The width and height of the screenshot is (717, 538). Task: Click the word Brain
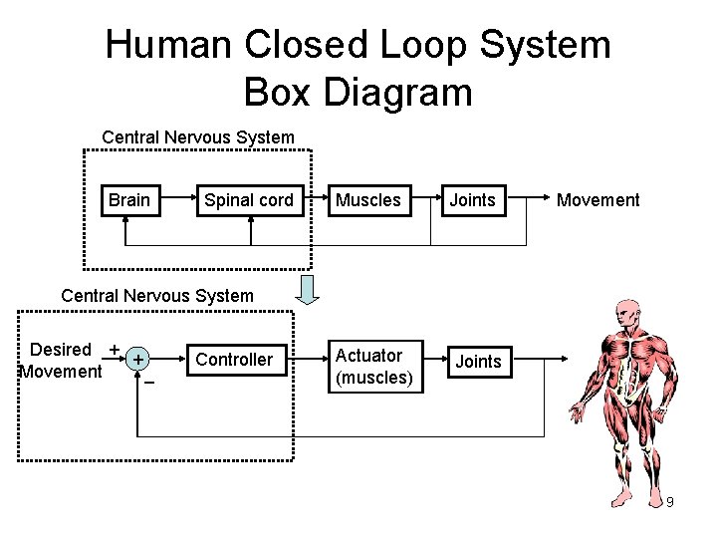tap(129, 200)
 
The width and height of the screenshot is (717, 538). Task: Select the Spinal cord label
tap(248, 200)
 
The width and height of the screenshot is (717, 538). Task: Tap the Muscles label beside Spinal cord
tap(367, 200)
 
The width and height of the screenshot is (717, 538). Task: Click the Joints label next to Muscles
tap(472, 200)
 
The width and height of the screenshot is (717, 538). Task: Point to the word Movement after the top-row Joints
tap(597, 200)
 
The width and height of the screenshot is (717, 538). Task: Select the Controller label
tap(235, 360)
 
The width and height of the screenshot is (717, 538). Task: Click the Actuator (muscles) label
tap(373, 367)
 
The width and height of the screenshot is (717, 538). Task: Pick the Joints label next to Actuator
tap(478, 361)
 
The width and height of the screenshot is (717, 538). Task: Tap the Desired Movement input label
tap(61, 361)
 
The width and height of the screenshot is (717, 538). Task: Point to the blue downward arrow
tap(308, 288)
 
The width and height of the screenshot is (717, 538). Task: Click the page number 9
tap(670, 502)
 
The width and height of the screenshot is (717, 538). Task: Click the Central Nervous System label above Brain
tap(198, 136)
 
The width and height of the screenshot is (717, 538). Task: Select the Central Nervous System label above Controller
tap(157, 295)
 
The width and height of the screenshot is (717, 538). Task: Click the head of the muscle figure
tap(626, 312)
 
